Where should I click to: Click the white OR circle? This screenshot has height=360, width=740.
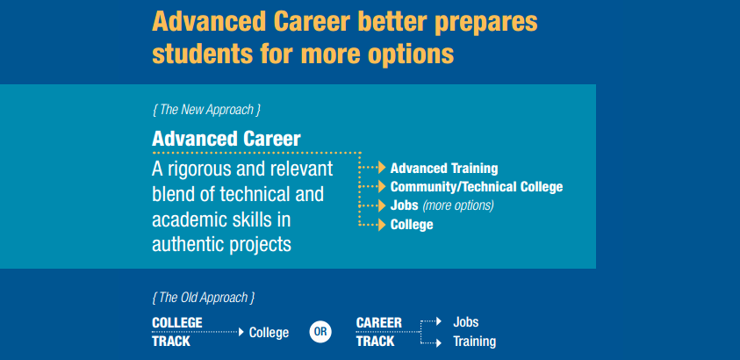(320, 332)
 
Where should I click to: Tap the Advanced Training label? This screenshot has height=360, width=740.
(444, 169)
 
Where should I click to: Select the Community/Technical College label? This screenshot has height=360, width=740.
(477, 187)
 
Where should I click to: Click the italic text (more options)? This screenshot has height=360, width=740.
(458, 205)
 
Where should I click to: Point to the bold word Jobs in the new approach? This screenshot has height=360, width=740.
(405, 205)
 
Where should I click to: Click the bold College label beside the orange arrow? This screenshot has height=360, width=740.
(412, 225)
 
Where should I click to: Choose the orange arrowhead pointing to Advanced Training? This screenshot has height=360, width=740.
(382, 168)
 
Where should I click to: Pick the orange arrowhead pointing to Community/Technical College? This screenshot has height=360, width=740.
(382, 187)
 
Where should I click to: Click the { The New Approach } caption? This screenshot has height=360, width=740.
(206, 110)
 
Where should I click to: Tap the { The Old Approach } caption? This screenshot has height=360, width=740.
(204, 298)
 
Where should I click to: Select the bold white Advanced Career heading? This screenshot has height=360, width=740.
(226, 140)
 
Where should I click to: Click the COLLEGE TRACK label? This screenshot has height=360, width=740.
(177, 332)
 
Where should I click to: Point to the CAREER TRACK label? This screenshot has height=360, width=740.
(379, 332)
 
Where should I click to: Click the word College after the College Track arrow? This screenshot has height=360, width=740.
(269, 333)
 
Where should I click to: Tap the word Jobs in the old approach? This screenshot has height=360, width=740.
(466, 322)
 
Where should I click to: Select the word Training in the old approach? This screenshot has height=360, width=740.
(474, 342)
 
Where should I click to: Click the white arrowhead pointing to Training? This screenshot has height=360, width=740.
(439, 343)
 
